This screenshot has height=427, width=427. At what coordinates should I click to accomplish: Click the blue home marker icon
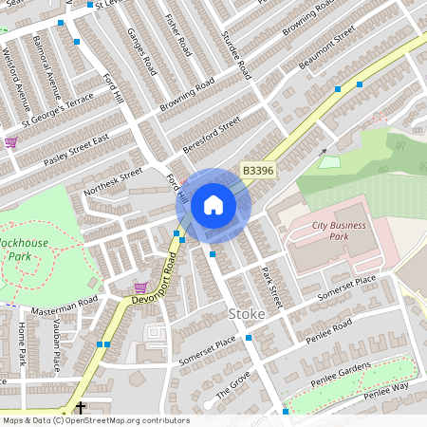213,205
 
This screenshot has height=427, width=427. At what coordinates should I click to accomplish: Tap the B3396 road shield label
257,171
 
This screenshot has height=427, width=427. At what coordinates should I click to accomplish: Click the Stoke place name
240,313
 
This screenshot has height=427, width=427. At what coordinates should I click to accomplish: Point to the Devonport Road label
155,272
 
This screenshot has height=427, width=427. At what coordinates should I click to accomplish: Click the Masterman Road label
65,306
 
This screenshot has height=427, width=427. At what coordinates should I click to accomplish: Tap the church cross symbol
80,405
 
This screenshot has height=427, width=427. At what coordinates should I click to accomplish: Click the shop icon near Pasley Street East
10,142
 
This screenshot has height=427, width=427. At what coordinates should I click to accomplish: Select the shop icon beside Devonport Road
140,288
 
